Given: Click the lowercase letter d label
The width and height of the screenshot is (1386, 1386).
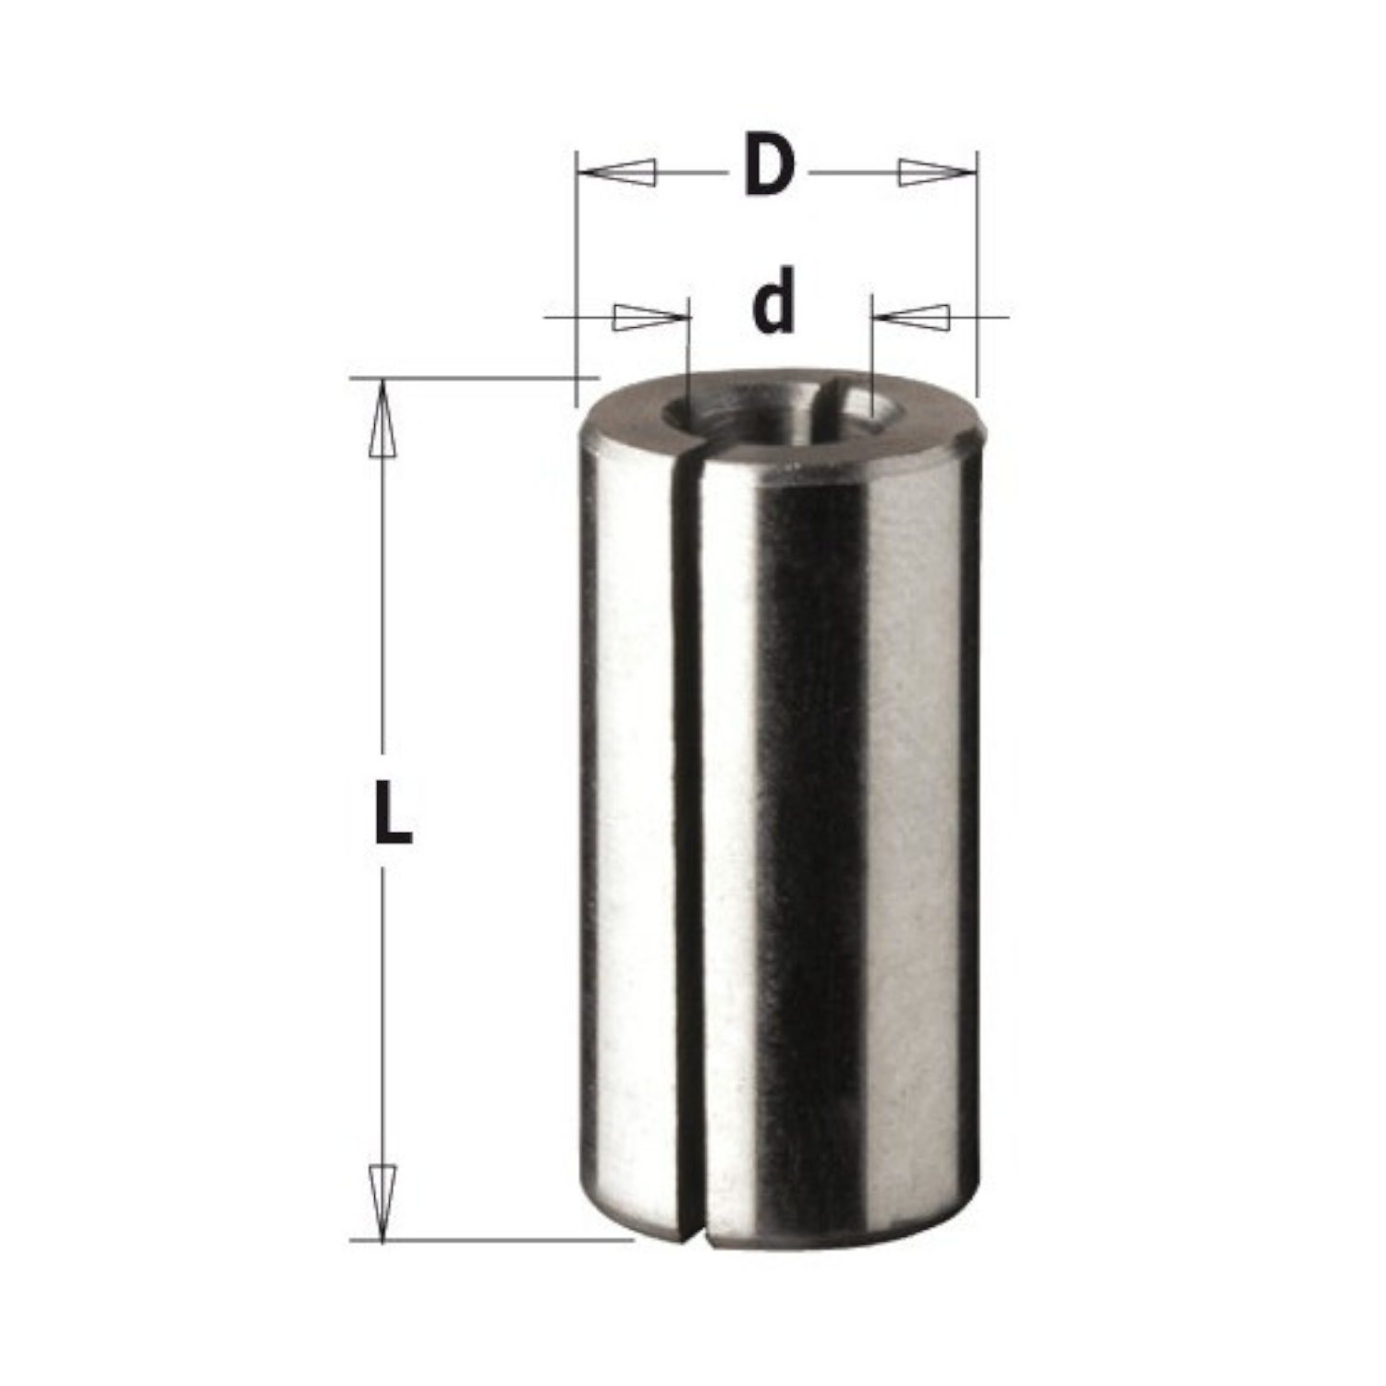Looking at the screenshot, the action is coord(773,302).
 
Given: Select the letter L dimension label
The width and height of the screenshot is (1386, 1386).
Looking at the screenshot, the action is coord(393,813).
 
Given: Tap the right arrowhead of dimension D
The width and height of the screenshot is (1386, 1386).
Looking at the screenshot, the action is coord(936,173).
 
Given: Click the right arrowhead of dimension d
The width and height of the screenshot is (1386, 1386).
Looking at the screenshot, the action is coord(911,317).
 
